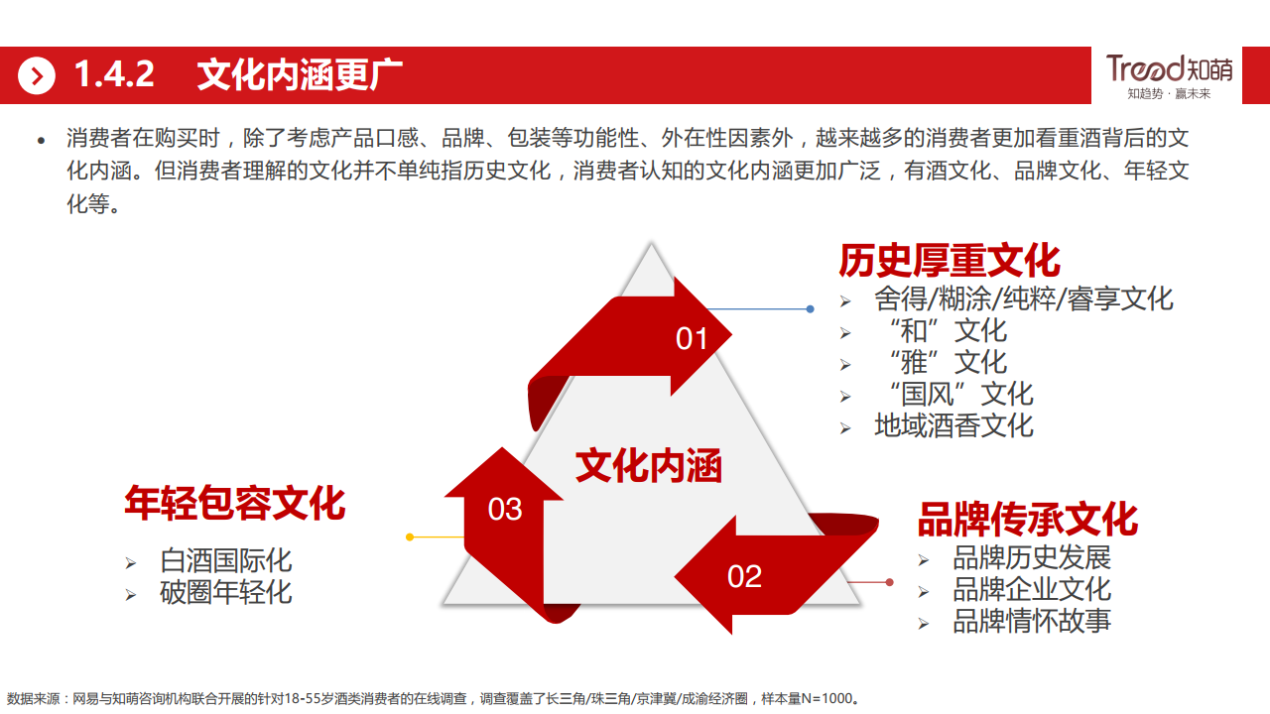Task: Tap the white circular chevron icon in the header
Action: [x=37, y=75]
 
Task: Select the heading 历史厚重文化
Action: [x=950, y=261]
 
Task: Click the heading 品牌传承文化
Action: [x=1027, y=519]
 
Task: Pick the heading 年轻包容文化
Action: [x=235, y=503]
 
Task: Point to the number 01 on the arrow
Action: [x=692, y=339]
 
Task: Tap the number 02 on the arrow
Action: [x=744, y=576]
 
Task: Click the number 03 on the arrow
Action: [x=505, y=510]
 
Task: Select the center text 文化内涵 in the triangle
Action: [x=649, y=466]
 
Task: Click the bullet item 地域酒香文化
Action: [x=953, y=426]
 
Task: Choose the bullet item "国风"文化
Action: [x=953, y=395]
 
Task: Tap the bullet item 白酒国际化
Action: [x=226, y=560]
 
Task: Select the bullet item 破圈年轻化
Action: [x=226, y=592]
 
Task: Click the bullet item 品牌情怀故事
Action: [x=1032, y=621]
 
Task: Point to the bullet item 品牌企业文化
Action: [x=1032, y=589]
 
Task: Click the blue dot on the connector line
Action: [x=810, y=309]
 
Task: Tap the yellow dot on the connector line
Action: [x=410, y=536]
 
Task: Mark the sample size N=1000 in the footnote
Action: [x=823, y=699]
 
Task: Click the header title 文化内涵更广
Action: [x=300, y=75]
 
